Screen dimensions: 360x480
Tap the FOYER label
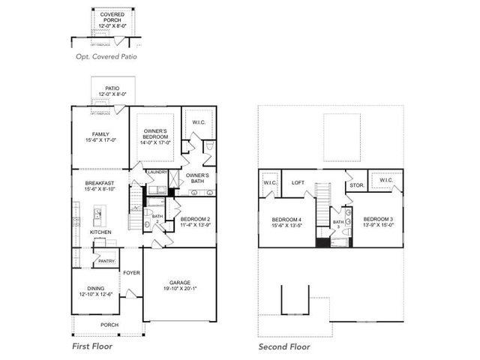click(132, 272)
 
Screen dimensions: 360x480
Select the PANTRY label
click(106, 260)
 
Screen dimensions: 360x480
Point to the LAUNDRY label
click(157, 172)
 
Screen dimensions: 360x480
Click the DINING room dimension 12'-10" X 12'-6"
click(97, 294)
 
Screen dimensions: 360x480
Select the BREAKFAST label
click(100, 183)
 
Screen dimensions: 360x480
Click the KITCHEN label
click(101, 232)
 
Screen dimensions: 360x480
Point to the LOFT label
click(298, 181)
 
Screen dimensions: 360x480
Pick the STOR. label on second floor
click(356, 185)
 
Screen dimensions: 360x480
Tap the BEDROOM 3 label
click(377, 218)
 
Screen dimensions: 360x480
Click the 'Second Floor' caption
click(284, 346)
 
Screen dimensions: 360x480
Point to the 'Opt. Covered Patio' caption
click(106, 56)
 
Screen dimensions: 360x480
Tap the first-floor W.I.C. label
click(199, 123)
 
